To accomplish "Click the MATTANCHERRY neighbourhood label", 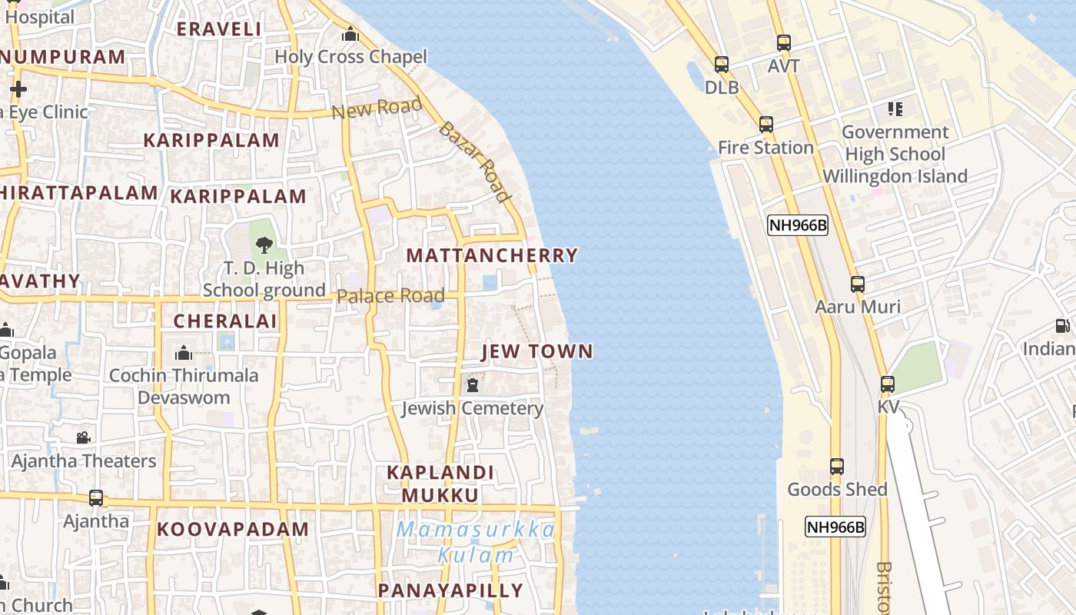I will [492, 255].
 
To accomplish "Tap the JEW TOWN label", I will [537, 352].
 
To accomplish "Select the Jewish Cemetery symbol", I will [472, 384].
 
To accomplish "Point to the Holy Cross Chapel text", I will [350, 57].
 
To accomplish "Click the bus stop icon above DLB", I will [721, 65].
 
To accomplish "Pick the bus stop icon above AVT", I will [783, 43].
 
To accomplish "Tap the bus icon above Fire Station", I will [765, 125].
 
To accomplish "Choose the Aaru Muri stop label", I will [858, 307].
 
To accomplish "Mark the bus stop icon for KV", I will [888, 384].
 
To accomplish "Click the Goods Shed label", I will [837, 489].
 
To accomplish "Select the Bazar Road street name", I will [475, 161].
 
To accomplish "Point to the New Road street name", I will [377, 108].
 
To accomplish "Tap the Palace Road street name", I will [390, 296].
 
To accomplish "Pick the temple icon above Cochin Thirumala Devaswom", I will [184, 353].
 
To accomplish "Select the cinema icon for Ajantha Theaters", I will [83, 438].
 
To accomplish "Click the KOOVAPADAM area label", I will [233, 530].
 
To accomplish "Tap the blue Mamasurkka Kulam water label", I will [477, 542].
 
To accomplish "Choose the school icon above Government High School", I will [895, 109].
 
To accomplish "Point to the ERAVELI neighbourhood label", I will [219, 29].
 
